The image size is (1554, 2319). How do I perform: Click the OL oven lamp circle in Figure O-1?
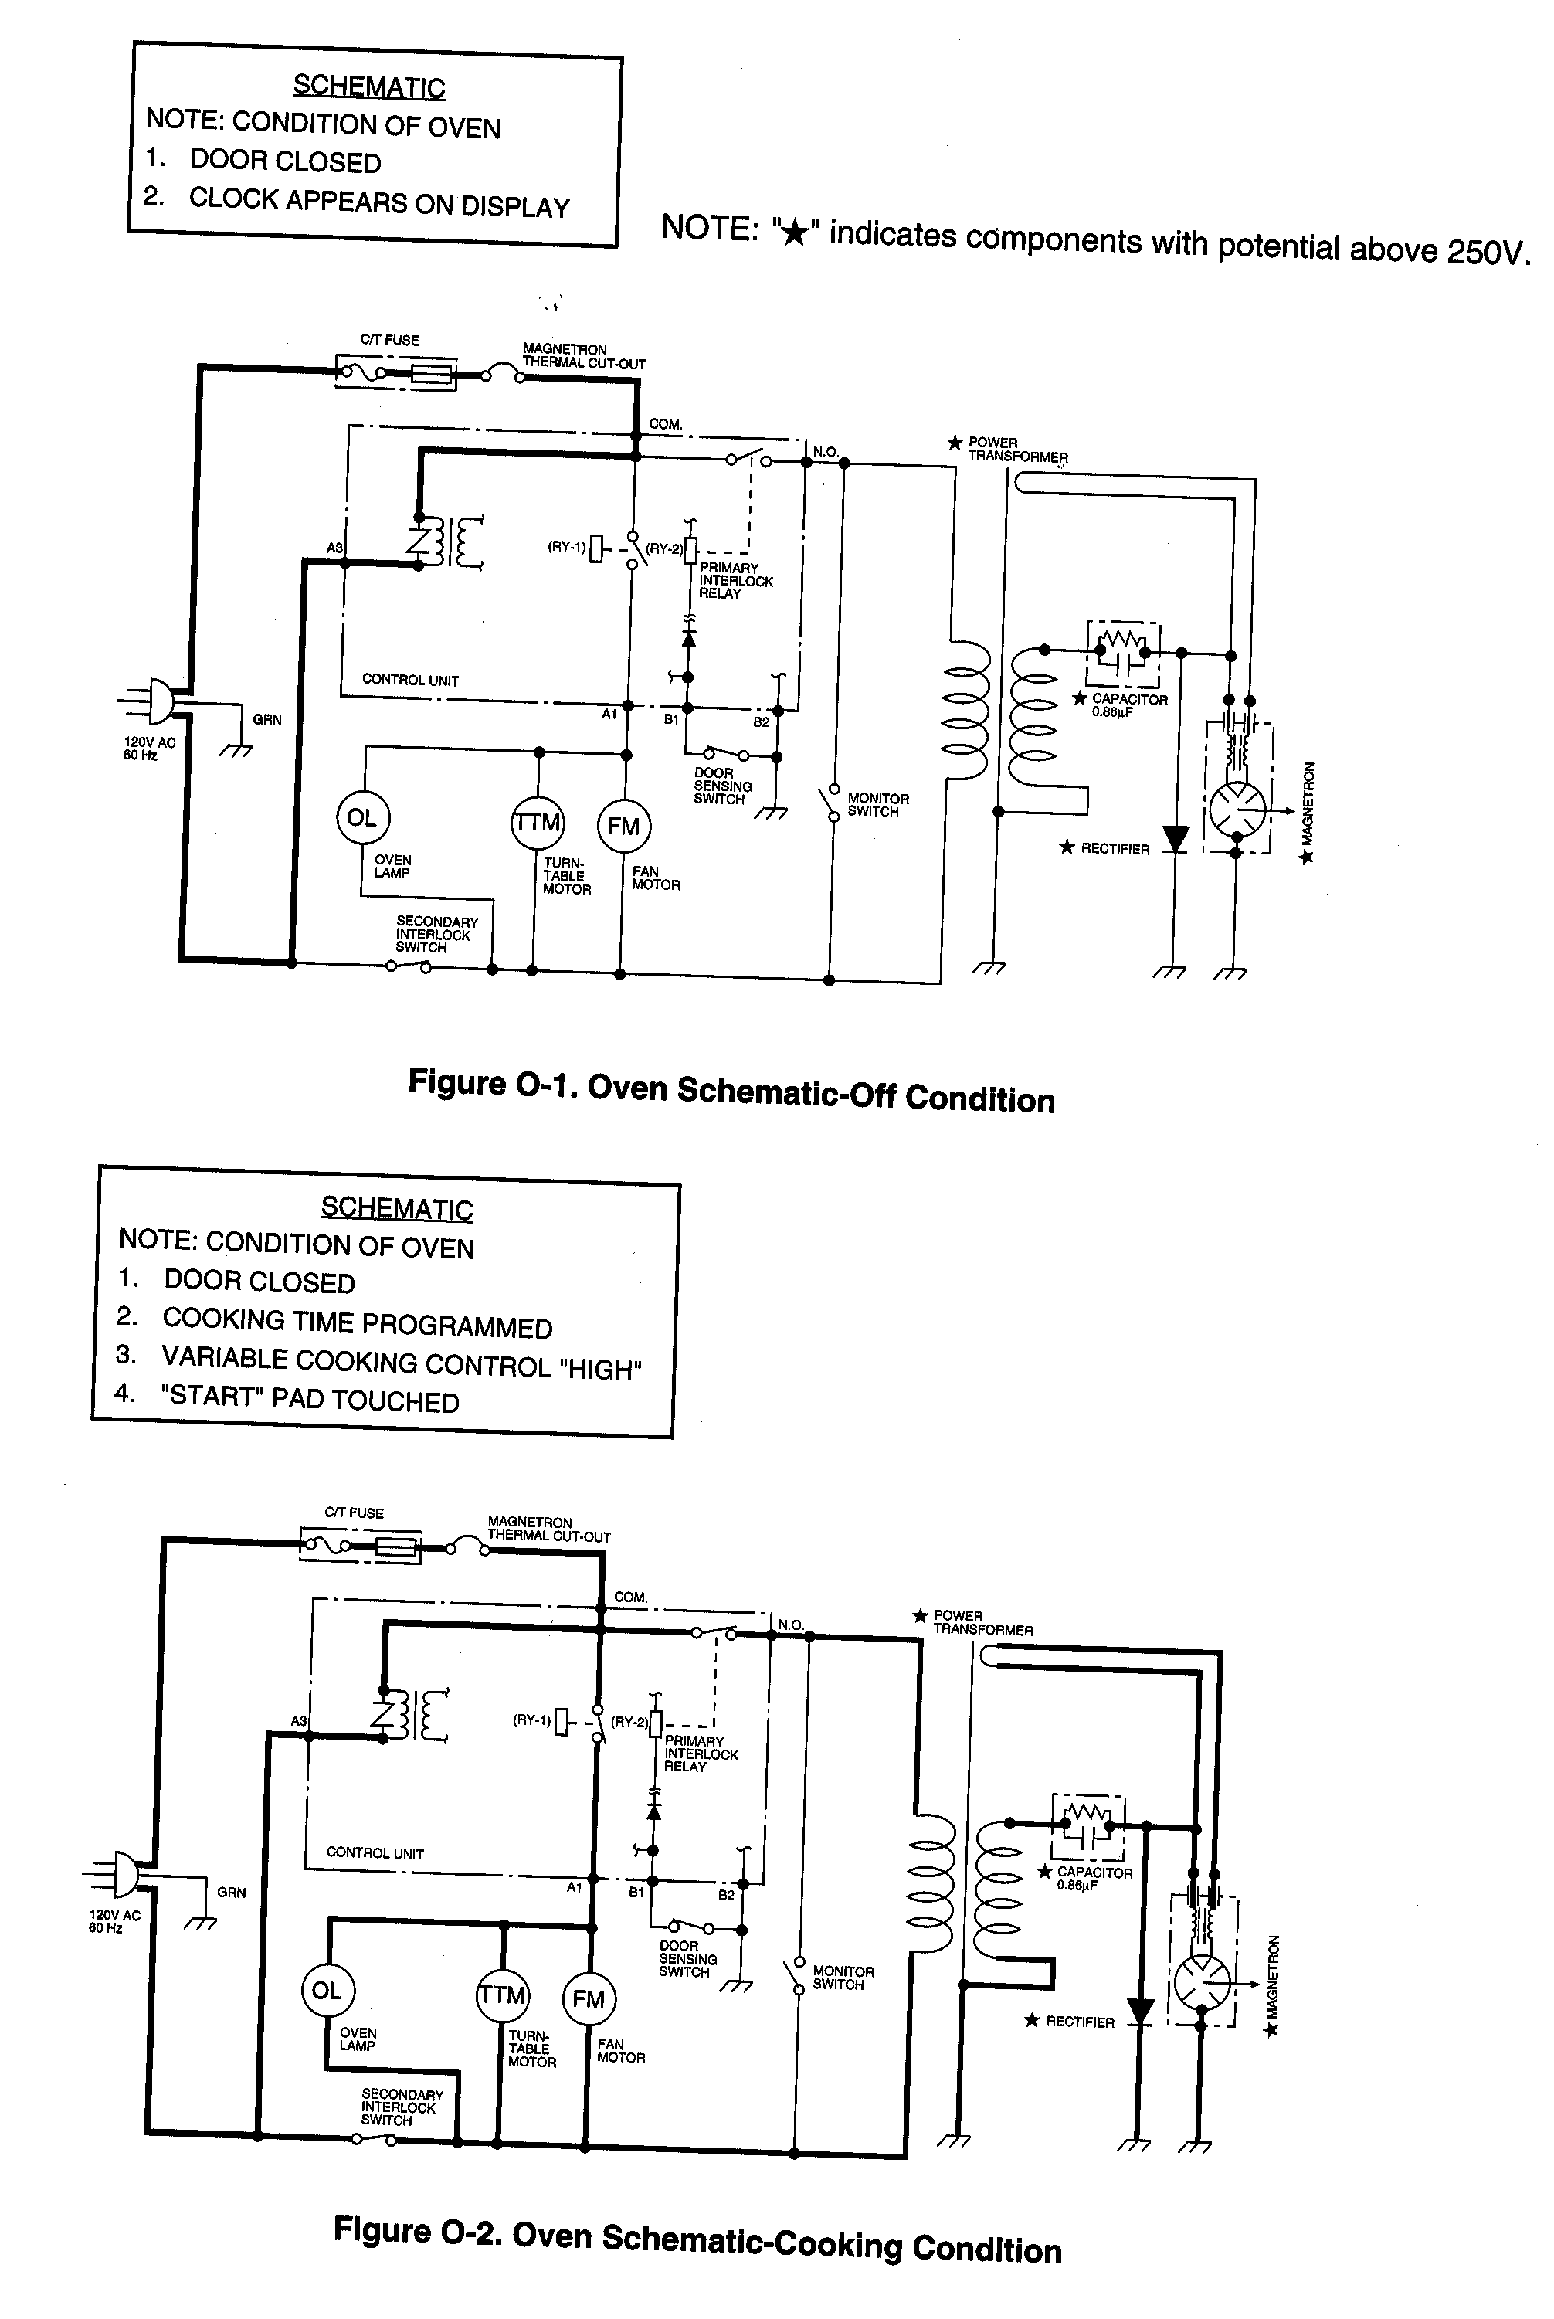tap(361, 817)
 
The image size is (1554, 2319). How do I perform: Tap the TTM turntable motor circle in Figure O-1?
tap(537, 823)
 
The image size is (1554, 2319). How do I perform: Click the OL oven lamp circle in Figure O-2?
tap(327, 1991)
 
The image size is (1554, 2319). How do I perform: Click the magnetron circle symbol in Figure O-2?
tap(1201, 1984)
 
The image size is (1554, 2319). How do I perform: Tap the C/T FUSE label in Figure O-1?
tap(389, 340)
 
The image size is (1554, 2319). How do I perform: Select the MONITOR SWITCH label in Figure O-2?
tap(843, 1977)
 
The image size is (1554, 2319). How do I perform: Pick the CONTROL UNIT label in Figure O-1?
tap(410, 680)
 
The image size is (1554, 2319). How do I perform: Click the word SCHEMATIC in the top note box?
tap(368, 87)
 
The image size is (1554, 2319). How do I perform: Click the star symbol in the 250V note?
tap(794, 233)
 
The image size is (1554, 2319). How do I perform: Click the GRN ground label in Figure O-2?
tap(232, 1892)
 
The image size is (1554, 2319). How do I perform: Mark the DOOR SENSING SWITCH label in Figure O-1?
tap(722, 786)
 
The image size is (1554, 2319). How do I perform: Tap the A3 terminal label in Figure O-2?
tap(298, 1721)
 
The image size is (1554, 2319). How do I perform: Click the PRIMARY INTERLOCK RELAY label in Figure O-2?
tap(701, 1753)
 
